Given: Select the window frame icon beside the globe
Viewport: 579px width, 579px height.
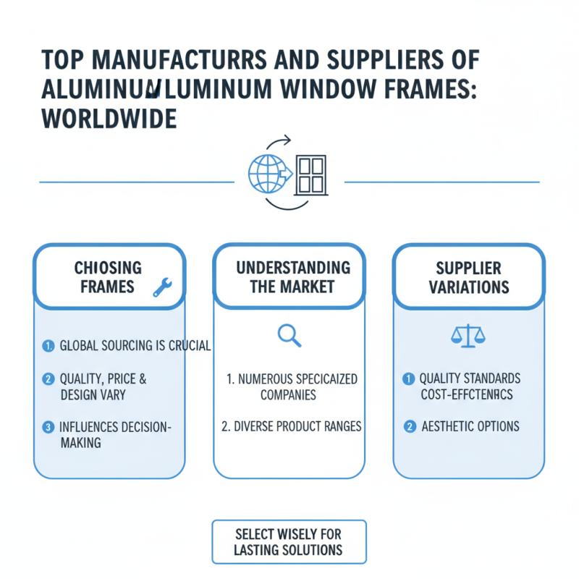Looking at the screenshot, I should point(311,174).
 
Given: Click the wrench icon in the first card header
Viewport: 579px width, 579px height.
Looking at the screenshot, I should point(162,289).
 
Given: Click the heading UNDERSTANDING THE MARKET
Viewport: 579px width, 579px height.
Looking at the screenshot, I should point(292,277).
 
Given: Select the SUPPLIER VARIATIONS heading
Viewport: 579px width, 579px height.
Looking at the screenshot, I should point(468,277).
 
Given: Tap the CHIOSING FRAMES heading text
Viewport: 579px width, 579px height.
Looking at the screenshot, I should point(108,277).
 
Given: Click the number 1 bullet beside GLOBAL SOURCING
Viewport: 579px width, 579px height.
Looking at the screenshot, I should point(48,346).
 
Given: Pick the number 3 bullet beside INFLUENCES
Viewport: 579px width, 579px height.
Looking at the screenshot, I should point(48,428).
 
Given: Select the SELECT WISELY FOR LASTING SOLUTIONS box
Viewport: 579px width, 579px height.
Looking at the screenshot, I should point(289,542).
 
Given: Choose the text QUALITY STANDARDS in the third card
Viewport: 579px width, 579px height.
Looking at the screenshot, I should point(470,379).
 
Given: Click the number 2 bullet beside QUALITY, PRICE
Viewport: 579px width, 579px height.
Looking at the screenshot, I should point(48,379).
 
